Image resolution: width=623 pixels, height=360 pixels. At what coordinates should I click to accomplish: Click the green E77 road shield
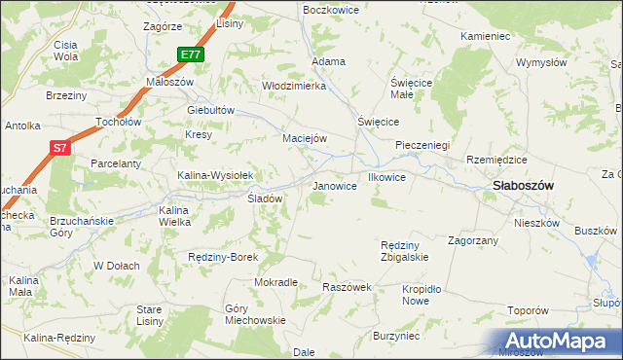[191, 54]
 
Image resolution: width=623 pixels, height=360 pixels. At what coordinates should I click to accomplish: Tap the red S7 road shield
[60, 148]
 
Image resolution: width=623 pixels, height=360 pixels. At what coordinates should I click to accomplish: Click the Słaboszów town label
[523, 185]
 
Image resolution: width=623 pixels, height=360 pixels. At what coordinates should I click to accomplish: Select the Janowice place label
[333, 186]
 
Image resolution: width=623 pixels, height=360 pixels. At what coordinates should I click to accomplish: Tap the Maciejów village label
[304, 138]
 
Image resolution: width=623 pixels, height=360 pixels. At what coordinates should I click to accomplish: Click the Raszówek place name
[348, 288]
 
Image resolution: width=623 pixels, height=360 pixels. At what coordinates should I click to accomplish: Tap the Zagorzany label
[473, 239]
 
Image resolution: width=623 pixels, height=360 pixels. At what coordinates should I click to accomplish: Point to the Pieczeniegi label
[421, 145]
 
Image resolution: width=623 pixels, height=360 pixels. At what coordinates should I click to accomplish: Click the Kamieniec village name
[486, 36]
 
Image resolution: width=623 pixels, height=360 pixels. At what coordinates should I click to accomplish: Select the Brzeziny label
[67, 95]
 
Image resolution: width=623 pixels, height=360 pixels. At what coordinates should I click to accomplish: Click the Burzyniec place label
[396, 336]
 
